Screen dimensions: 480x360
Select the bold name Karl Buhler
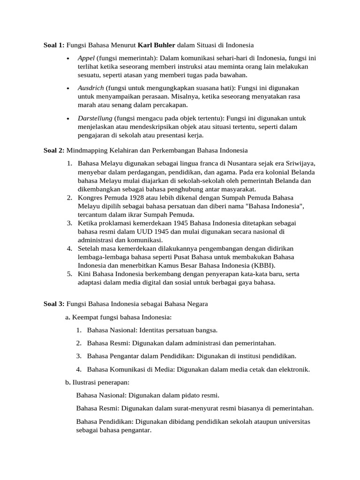pos(156,45)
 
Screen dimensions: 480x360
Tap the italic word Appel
pos(86,58)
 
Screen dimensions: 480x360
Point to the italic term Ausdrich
pos(91,88)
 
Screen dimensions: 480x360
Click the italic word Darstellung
pos(94,118)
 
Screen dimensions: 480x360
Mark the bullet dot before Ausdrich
pos(68,89)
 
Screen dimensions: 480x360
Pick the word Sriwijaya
pos(300,163)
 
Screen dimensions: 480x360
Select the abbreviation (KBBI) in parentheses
pos(265,265)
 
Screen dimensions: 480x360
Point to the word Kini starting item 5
pos(85,274)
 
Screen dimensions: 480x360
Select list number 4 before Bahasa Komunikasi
pos(79,369)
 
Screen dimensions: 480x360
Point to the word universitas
pos(292,421)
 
